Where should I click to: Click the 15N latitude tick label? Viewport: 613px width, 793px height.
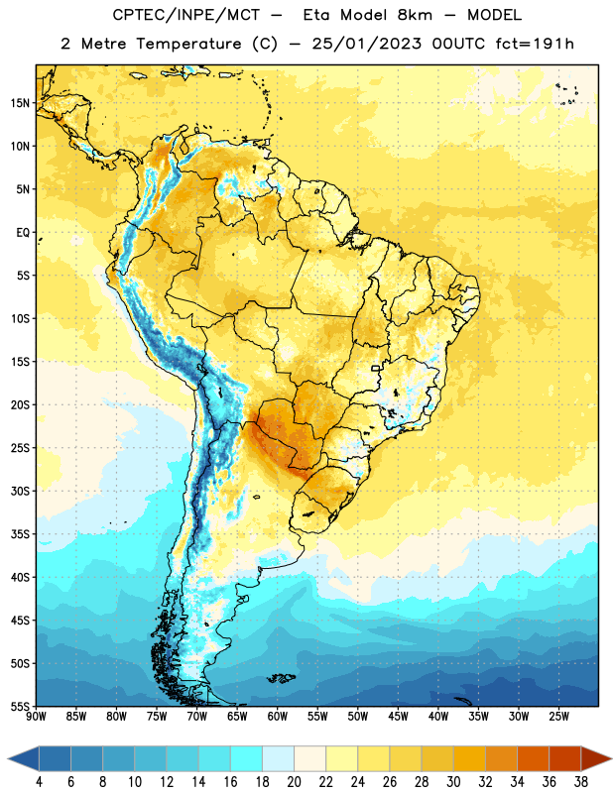[20, 103]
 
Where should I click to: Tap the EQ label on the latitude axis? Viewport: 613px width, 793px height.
[23, 233]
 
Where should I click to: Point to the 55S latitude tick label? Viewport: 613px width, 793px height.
[20, 706]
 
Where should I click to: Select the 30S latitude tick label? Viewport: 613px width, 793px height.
[20, 491]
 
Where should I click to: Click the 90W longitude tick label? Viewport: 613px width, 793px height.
[36, 717]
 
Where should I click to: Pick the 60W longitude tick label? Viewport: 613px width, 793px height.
[278, 717]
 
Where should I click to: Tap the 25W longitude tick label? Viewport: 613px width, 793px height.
[558, 717]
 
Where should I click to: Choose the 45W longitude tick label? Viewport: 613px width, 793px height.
[398, 717]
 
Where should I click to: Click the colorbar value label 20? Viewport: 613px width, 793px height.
[294, 782]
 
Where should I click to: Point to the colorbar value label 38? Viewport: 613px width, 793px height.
[581, 782]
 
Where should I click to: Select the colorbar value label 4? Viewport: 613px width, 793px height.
[39, 782]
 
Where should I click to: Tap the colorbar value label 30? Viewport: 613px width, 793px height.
[453, 782]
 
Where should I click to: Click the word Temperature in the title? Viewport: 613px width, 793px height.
[188, 44]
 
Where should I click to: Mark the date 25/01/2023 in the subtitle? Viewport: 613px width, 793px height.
[366, 44]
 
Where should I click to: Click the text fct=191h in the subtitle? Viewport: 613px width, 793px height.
[535, 44]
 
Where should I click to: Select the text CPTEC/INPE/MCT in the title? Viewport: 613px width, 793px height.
[186, 15]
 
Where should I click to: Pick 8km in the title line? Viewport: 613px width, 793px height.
[415, 15]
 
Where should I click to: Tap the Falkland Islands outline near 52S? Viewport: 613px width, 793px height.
[282, 678]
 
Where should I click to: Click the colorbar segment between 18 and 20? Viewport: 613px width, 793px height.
[278, 758]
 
